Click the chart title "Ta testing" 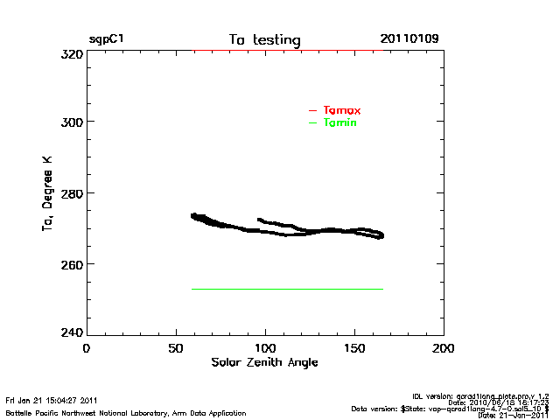pyautogui.click(x=264, y=40)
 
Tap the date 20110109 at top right pyautogui.click(x=409, y=39)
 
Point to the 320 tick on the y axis pyautogui.click(x=71, y=53)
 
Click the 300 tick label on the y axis pyautogui.click(x=71, y=122)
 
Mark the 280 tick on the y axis pyautogui.click(x=71, y=192)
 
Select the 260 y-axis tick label pyautogui.click(x=71, y=263)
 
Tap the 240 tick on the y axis pyautogui.click(x=71, y=333)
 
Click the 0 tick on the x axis pyautogui.click(x=86, y=348)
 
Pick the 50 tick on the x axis pyautogui.click(x=175, y=348)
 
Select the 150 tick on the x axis pyautogui.click(x=354, y=348)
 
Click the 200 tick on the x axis pyautogui.click(x=444, y=348)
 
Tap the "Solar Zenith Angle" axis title pyautogui.click(x=264, y=362)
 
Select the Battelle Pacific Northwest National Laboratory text pyautogui.click(x=126, y=412)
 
